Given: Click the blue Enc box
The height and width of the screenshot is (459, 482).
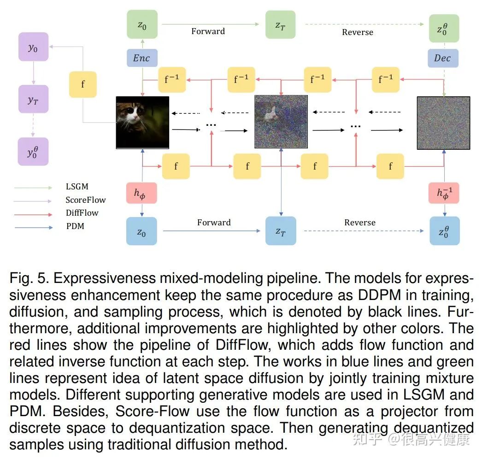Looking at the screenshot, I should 141,58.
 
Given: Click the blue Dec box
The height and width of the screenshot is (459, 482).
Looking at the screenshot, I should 442,58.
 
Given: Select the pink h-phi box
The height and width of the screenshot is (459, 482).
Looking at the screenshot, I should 141,193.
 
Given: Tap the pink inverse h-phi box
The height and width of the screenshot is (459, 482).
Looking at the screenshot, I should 444,193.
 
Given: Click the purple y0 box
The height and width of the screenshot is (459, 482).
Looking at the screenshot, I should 33,47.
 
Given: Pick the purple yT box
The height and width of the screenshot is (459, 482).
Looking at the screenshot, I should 33,99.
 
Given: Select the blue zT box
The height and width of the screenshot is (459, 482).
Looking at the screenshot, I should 280,231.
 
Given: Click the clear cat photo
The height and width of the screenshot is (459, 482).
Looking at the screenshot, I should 142,122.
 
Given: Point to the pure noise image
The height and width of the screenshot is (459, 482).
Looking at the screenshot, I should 443,123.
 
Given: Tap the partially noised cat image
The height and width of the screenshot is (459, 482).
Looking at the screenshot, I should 281,121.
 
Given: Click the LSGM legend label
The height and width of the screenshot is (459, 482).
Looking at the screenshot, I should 76,187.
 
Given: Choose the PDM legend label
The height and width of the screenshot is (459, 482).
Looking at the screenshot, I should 75,226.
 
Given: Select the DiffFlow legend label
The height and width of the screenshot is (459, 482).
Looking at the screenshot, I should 82,213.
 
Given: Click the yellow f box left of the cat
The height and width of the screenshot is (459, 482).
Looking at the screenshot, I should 83,84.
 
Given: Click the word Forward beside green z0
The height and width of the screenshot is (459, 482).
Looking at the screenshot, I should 208,31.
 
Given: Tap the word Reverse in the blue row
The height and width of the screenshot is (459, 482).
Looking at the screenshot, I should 359,223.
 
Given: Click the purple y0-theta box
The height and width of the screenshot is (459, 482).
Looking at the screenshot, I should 33,151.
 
